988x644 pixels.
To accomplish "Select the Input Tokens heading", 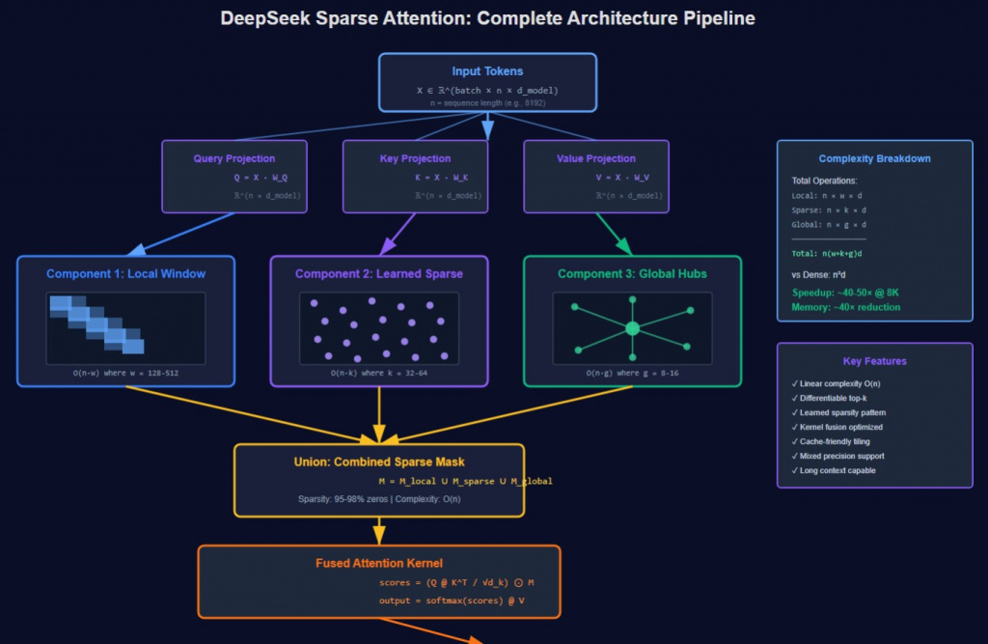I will tap(487, 71).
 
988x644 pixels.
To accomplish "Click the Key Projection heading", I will tap(415, 158).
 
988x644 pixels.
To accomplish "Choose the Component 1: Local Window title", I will tap(125, 274).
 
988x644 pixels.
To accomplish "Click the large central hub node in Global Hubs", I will tap(632, 329).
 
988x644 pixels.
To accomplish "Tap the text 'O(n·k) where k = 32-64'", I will tap(378, 373).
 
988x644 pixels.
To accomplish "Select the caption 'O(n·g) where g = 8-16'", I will tap(632, 373).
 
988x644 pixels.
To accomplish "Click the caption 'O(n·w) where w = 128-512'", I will tap(125, 373).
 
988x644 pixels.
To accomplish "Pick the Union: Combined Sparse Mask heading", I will tap(378, 462).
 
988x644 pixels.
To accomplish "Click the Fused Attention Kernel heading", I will tap(378, 563).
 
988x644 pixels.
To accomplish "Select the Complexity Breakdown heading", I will tap(874, 158).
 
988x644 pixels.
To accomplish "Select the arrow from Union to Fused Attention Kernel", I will tap(378, 529).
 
